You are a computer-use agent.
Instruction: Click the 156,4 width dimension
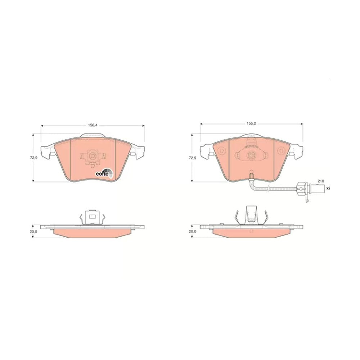tap(93, 125)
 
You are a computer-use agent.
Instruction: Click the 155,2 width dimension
tap(251, 123)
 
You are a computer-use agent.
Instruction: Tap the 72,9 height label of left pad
tap(33, 158)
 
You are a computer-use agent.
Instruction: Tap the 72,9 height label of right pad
tap(192, 158)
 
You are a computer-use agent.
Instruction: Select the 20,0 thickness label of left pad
tap(33, 231)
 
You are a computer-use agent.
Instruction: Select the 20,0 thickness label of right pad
tap(192, 231)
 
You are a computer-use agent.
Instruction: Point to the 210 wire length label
tap(321, 181)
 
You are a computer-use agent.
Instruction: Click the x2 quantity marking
tap(328, 188)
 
